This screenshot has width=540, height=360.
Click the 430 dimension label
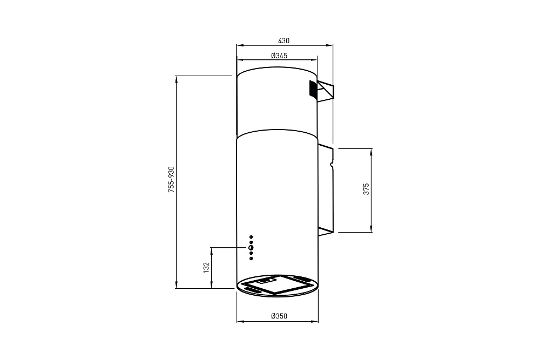(283, 40)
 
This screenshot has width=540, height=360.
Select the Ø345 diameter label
(279, 56)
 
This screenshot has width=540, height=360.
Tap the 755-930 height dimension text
(171, 179)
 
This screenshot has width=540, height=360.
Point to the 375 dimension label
(366, 189)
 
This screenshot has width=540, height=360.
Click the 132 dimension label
(206, 267)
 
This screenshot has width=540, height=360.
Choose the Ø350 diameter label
(279, 316)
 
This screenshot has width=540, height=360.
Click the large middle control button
(251, 247)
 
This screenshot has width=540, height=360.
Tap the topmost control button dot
(251, 237)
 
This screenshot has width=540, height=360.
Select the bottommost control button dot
(251, 258)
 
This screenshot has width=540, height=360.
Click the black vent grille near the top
(313, 90)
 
